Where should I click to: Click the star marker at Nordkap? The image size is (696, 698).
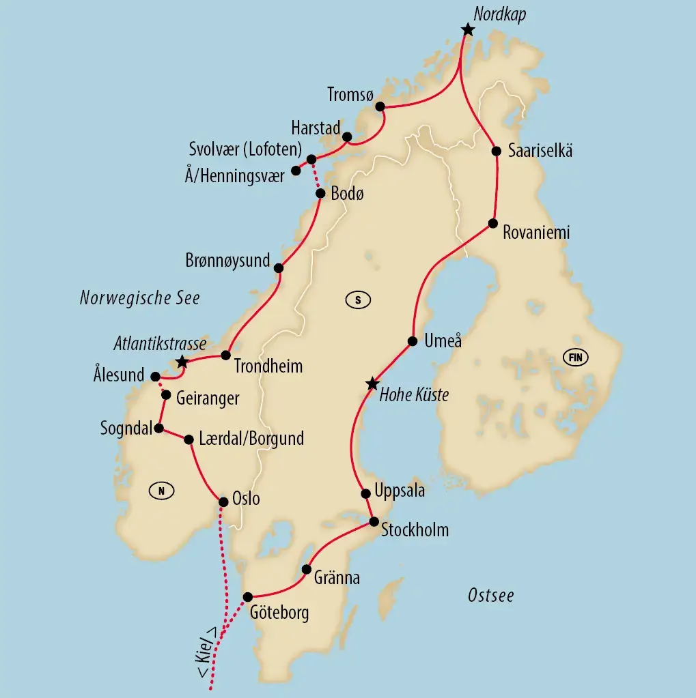point(467,29)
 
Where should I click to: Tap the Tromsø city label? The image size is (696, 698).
point(350,95)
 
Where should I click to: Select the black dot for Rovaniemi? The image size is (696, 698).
point(492,224)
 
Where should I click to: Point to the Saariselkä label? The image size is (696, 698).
point(540,151)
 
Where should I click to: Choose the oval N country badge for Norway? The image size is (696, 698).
point(161,490)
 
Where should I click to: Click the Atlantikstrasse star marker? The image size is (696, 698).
point(181,361)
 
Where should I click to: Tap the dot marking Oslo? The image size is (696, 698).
point(223,502)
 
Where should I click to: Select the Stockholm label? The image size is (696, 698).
point(415,529)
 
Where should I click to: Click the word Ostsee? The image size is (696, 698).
point(490,596)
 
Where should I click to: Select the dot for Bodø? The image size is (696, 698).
point(320,193)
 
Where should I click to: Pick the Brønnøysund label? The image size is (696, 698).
point(227,261)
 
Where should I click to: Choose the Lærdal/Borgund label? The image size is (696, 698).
point(252,439)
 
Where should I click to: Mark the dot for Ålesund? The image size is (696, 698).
point(155,376)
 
